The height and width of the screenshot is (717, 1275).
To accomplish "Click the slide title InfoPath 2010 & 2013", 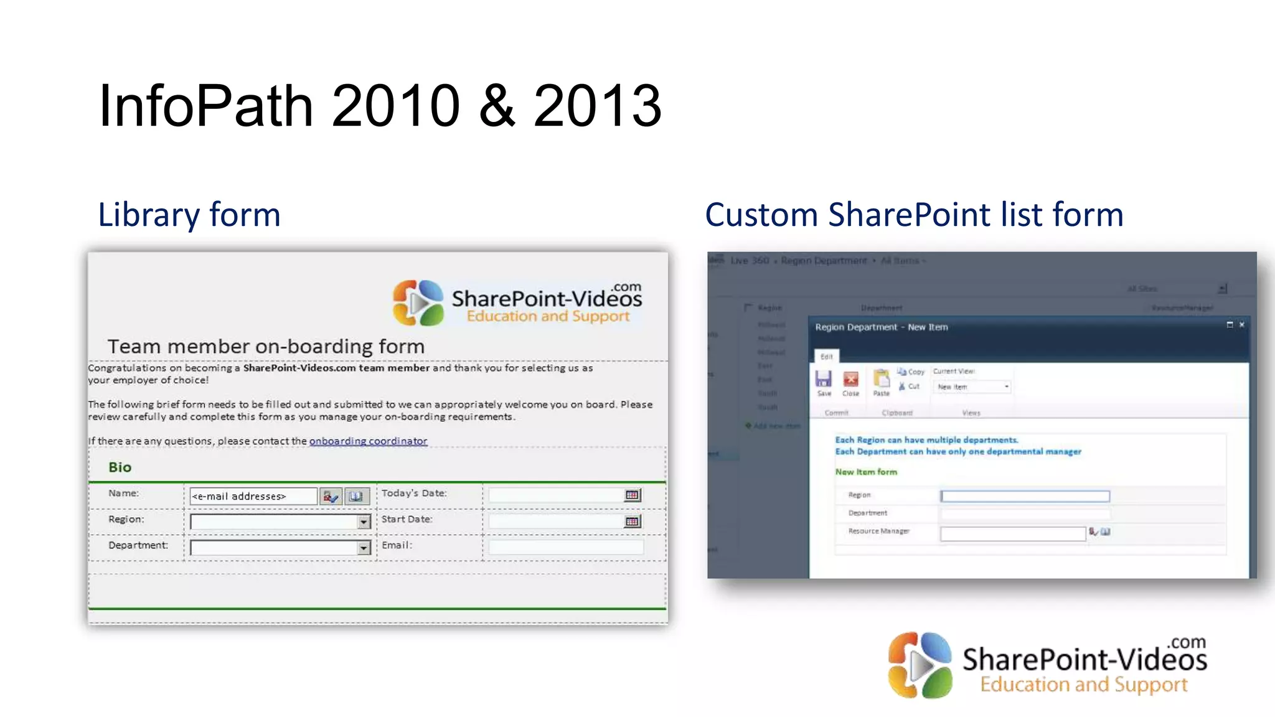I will click(x=380, y=106).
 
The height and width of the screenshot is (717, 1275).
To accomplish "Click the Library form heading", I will click(x=189, y=215).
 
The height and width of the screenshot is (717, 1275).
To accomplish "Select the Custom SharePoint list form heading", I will click(x=914, y=215).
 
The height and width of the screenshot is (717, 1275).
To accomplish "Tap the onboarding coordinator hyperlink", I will click(x=368, y=441).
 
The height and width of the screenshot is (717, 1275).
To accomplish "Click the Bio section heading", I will click(x=120, y=467).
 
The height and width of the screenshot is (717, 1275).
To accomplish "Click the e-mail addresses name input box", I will click(x=253, y=496).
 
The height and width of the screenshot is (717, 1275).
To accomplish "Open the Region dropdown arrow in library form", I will click(x=364, y=522).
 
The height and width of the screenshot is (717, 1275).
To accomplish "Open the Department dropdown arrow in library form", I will click(x=364, y=548).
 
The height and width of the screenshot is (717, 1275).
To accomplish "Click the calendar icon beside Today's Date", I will click(x=632, y=495).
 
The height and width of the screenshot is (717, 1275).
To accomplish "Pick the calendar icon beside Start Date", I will click(x=632, y=521).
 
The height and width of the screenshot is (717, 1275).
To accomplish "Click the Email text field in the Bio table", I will click(x=565, y=547).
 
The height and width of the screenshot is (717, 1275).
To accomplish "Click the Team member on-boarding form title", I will click(x=266, y=346).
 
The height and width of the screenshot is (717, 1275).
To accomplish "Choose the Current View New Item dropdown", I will click(x=972, y=387).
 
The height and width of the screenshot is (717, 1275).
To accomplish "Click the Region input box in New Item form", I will click(x=1025, y=496).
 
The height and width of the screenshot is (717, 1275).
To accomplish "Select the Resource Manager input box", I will click(x=1013, y=533).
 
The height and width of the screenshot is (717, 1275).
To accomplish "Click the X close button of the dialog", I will click(x=1241, y=325).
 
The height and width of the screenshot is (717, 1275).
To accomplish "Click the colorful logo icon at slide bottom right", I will click(x=920, y=665).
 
